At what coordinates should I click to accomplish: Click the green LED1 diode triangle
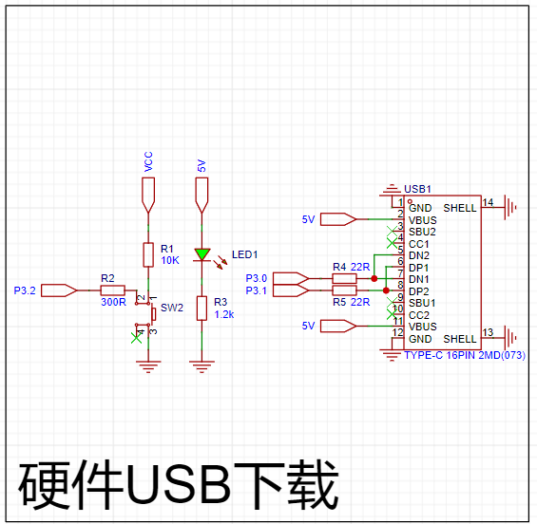[202, 254]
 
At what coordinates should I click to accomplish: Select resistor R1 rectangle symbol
[148, 254]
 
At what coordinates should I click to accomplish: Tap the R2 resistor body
[113, 290]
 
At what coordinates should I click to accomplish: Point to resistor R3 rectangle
[201, 309]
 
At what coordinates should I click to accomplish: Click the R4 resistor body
[344, 278]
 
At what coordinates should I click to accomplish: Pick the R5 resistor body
[344, 290]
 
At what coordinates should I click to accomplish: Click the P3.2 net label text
[25, 290]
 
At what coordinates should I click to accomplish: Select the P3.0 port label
[257, 278]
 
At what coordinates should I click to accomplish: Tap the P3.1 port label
[257, 290]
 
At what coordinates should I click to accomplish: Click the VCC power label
[148, 161]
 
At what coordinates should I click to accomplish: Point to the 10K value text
[170, 260]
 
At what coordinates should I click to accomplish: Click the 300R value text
[113, 302]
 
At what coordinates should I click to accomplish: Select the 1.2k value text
[224, 314]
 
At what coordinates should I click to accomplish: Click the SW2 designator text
[172, 308]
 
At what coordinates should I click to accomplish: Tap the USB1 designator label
[417, 189]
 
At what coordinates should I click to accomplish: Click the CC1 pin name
[418, 244]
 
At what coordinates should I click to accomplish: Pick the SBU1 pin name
[422, 303]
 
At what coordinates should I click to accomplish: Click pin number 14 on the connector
[488, 202]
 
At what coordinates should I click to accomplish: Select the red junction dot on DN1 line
[374, 278]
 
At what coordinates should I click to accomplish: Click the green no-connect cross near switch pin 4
[136, 338]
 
